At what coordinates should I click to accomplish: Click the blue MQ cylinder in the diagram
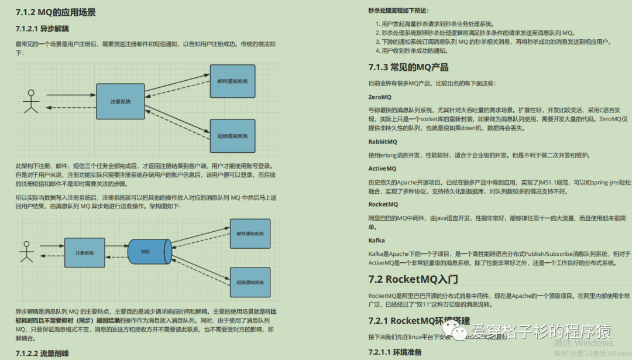[x=149, y=252]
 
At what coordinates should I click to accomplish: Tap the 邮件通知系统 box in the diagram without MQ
[x=232, y=81]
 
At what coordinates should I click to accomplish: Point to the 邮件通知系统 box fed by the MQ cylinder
[x=250, y=232]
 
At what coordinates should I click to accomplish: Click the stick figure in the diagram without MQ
[x=30, y=102]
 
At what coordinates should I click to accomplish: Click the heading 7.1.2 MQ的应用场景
[x=56, y=12]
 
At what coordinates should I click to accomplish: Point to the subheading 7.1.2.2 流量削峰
[x=44, y=353]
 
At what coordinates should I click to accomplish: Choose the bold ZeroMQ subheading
[x=380, y=97]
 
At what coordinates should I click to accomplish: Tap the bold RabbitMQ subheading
[x=383, y=142]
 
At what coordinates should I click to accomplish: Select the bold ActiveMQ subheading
[x=383, y=169]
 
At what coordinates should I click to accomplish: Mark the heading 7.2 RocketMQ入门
[x=413, y=279]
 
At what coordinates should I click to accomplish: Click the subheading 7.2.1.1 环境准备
[x=394, y=352]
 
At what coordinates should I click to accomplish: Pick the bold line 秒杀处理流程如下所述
[x=398, y=11]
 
